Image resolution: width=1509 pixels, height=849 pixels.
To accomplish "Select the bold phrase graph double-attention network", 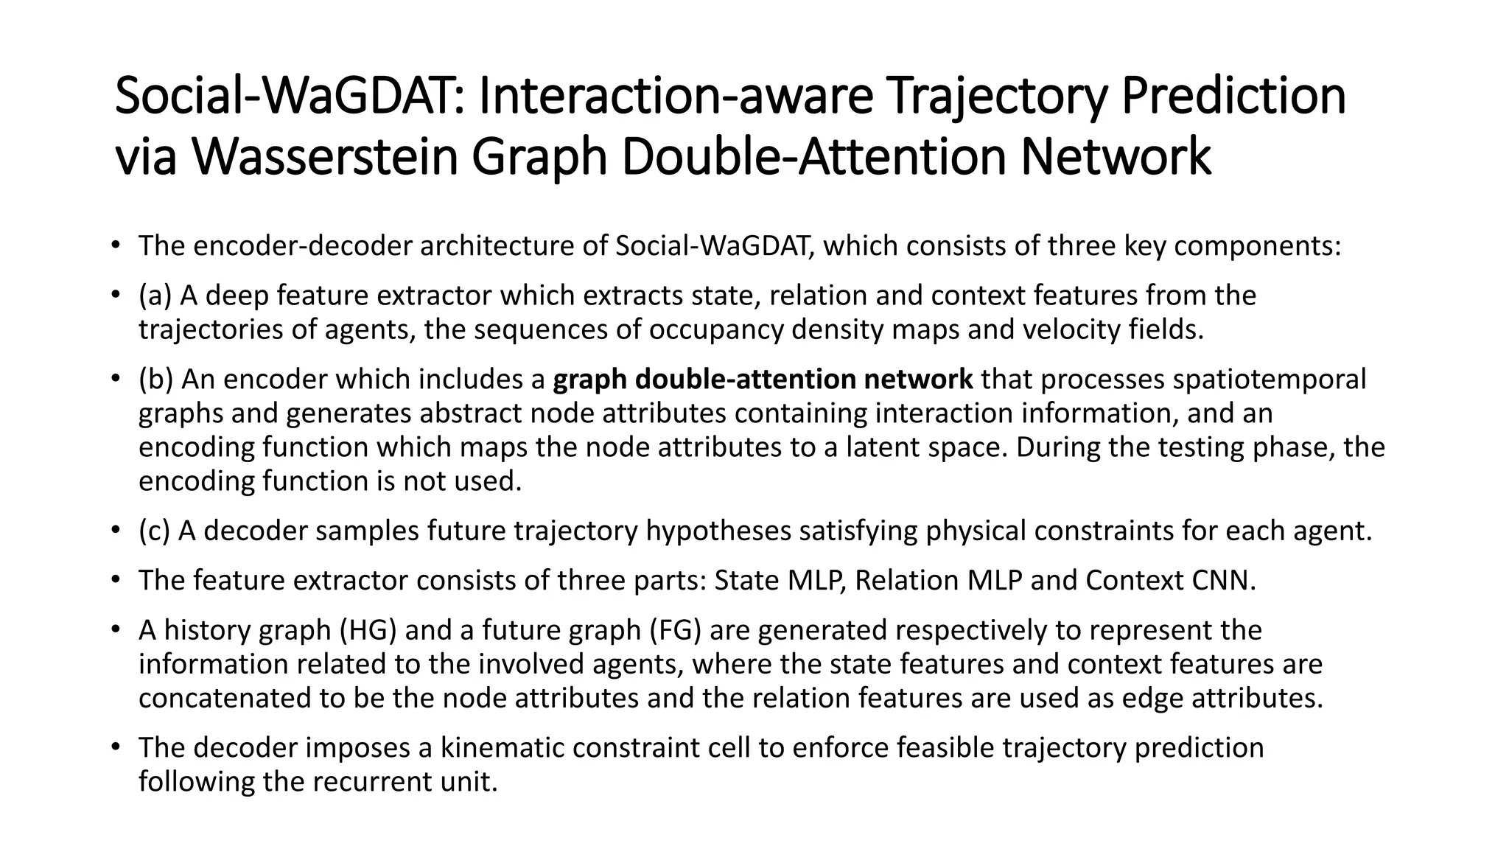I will tap(763, 379).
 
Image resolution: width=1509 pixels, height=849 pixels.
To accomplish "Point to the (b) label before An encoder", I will tap(155, 379).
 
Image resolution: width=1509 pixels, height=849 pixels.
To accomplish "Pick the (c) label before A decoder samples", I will tap(154, 531).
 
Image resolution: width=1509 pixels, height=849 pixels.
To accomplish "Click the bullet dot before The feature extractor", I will tap(115, 580).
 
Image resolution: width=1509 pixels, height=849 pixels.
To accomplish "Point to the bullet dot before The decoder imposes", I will tap(115, 747).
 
